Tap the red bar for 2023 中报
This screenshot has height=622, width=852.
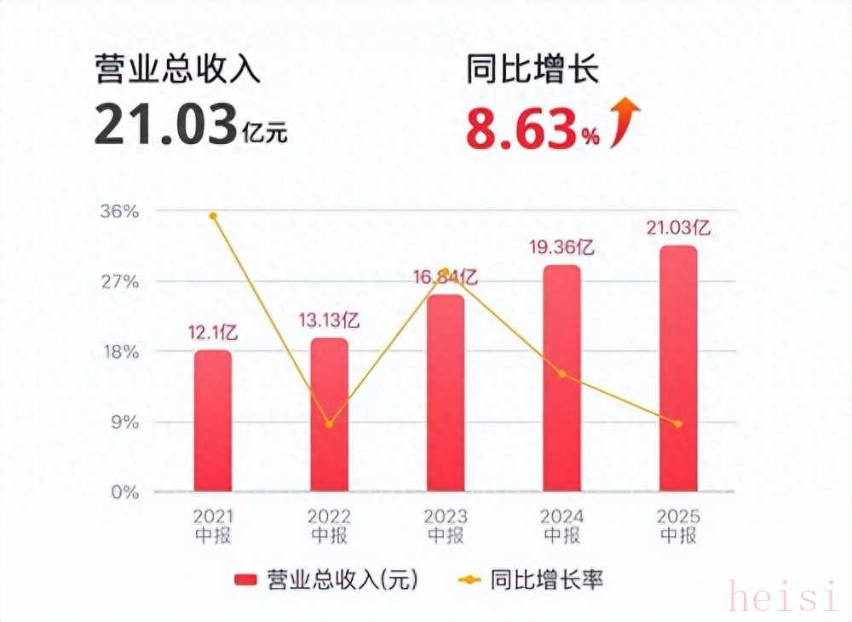pyautogui.click(x=446, y=393)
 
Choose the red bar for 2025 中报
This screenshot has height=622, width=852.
pyautogui.click(x=678, y=368)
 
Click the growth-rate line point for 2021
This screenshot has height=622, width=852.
pyautogui.click(x=213, y=216)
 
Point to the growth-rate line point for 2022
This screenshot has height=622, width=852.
pyautogui.click(x=329, y=424)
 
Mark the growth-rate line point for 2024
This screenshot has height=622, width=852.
pyautogui.click(x=561, y=374)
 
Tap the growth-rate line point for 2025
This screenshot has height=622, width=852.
pyautogui.click(x=678, y=424)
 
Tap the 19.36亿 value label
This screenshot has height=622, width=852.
pyautogui.click(x=561, y=248)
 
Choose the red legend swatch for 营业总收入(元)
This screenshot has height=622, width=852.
pyautogui.click(x=245, y=581)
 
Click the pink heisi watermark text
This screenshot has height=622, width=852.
pyautogui.click(x=783, y=598)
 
